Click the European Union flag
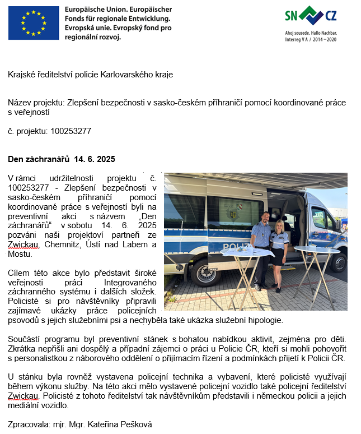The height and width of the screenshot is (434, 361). (x=33, y=23)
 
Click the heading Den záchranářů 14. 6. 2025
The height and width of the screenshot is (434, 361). (x=61, y=160)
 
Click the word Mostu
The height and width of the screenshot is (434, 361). (x=20, y=253)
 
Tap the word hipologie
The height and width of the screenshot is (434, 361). (x=267, y=320)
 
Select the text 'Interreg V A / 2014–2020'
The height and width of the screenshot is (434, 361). (x=311, y=40)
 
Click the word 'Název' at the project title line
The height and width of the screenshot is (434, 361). (x=20, y=103)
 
